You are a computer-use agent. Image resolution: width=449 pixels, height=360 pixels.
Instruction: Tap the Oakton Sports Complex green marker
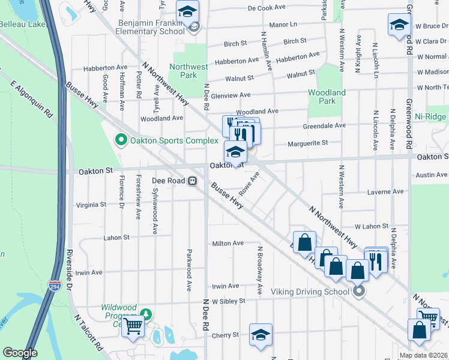(x=120, y=141)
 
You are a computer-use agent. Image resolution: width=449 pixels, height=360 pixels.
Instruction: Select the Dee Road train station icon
(x=192, y=180)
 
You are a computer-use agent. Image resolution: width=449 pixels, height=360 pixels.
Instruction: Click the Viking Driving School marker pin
(x=359, y=292)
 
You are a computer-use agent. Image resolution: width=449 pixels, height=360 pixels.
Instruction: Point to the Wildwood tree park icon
(x=145, y=314)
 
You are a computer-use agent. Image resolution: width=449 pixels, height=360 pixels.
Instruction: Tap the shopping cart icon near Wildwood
(x=133, y=326)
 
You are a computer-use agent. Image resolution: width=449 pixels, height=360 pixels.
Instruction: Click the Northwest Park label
(x=188, y=71)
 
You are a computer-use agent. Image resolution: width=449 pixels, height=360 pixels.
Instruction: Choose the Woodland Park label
(x=327, y=97)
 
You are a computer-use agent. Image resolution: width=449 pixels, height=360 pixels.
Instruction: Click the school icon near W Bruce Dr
(x=399, y=25)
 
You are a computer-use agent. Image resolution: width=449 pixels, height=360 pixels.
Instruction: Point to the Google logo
(x=20, y=353)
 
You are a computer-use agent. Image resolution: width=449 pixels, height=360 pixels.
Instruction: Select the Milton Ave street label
(x=228, y=244)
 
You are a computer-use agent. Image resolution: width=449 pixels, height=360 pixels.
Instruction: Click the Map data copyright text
(x=424, y=355)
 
